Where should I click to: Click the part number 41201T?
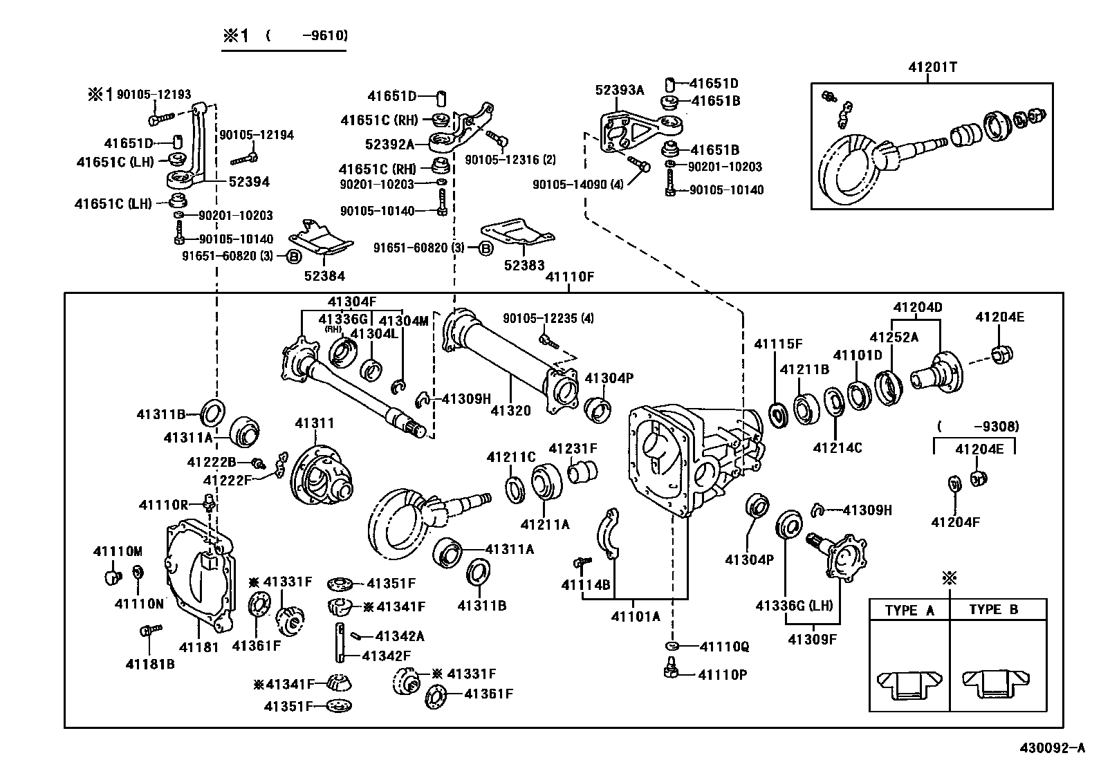(932, 67)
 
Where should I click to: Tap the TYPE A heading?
(909, 610)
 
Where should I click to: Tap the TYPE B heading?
(993, 610)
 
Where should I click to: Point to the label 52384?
(324, 276)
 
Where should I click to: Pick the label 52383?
(524, 265)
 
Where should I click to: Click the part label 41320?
(510, 411)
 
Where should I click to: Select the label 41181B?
(149, 664)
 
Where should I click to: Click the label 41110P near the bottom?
(723, 674)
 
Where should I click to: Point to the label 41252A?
(894, 337)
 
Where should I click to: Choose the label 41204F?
(955, 522)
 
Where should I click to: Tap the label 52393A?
(620, 90)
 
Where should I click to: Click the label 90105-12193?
(154, 94)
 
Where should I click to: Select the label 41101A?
(635, 616)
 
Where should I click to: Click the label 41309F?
(812, 639)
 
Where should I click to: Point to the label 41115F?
(778, 344)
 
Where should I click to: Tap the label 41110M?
(118, 551)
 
